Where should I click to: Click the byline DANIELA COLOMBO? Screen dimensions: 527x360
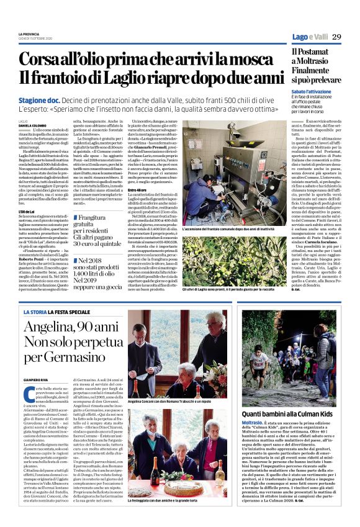30,125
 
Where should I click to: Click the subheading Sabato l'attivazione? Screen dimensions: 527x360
314,91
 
